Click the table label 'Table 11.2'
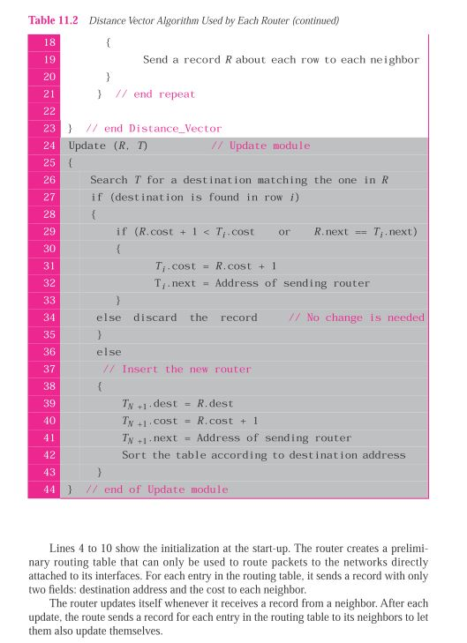[54, 20]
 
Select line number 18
[48, 42]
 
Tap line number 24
[48, 146]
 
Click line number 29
[48, 231]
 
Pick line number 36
[48, 352]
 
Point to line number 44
[48, 490]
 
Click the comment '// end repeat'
[155, 93]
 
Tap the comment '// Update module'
[260, 146]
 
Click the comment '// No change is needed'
[356, 318]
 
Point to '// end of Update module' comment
[156, 490]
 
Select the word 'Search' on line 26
[109, 180]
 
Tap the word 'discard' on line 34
[154, 318]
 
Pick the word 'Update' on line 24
[87, 146]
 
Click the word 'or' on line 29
[284, 231]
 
